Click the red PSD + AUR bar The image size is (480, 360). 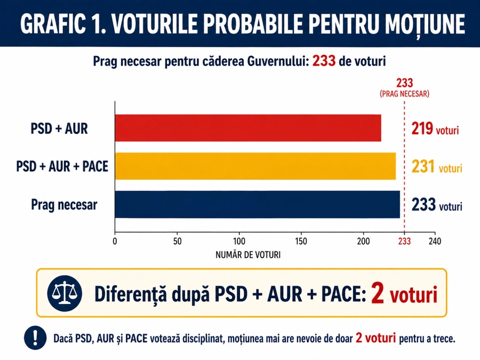(x=248, y=128)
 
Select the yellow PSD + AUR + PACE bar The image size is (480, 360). (x=255, y=166)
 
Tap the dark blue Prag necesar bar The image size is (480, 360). (x=257, y=205)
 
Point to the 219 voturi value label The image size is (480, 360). (x=435, y=129)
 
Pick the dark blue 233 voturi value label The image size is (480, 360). (x=436, y=205)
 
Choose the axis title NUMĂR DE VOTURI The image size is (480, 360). (x=248, y=254)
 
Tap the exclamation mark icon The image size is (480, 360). (x=35, y=338)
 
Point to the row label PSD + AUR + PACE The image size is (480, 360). (x=62, y=166)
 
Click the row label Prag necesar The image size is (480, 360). (x=64, y=205)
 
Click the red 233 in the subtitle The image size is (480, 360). (x=324, y=61)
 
